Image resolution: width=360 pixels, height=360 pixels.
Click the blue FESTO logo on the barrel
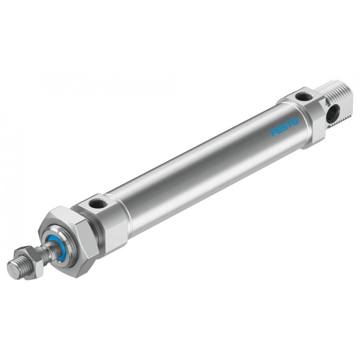tap(285, 127)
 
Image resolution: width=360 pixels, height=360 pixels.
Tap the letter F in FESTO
tap(274, 133)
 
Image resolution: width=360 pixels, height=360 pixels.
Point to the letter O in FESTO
tap(295, 121)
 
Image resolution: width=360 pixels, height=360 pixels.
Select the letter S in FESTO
tap(285, 127)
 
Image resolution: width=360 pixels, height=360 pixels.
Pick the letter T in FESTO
tap(290, 124)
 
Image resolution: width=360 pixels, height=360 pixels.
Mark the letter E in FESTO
tap(279, 130)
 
